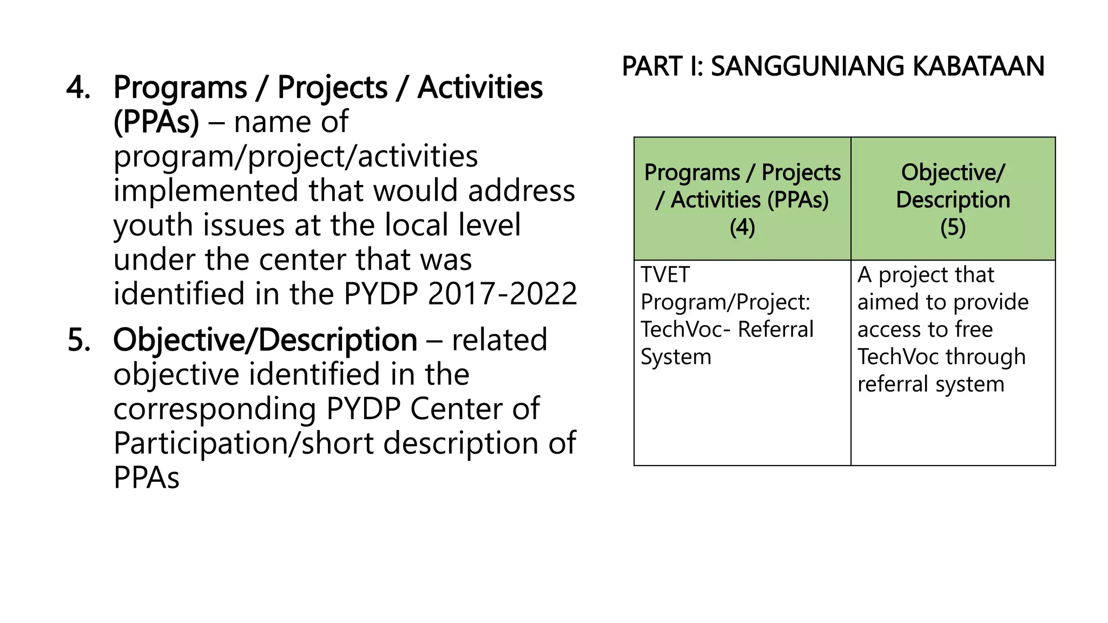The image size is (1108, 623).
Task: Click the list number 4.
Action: (x=78, y=88)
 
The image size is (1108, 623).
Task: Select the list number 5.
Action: (x=79, y=341)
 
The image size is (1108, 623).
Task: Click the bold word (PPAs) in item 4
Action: (x=156, y=122)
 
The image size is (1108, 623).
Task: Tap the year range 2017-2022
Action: (x=503, y=294)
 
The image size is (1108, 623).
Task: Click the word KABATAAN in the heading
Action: (x=978, y=67)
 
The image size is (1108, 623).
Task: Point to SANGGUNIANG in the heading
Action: (x=807, y=67)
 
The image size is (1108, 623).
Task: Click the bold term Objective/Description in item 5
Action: (x=265, y=341)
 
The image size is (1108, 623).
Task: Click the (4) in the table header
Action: (x=742, y=228)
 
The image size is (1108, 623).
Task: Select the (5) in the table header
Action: (x=953, y=228)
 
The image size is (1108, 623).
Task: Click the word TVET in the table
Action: (x=665, y=275)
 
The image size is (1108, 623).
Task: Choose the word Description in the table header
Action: (x=953, y=200)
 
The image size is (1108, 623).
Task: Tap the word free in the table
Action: (x=973, y=330)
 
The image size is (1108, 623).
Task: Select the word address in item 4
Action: (x=521, y=191)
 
